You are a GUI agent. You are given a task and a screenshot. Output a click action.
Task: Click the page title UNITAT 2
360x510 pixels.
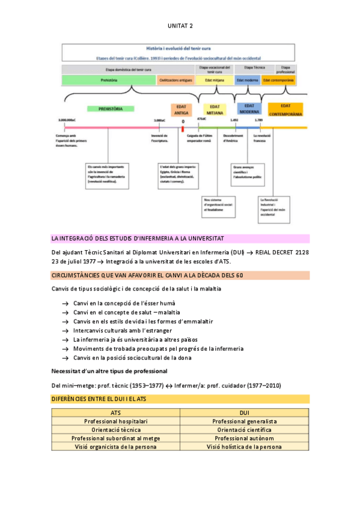pyautogui.click(x=180, y=26)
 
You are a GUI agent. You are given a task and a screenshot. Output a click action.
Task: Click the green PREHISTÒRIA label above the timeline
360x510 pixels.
pyautogui.click(x=105, y=109)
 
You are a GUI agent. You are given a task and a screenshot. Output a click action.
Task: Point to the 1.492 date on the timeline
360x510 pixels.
pyautogui.click(x=234, y=120)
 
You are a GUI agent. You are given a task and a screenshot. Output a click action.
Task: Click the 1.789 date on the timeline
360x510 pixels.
pyautogui.click(x=258, y=120)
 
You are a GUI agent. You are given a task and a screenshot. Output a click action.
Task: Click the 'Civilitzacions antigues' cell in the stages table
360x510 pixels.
pyautogui.click(x=175, y=80)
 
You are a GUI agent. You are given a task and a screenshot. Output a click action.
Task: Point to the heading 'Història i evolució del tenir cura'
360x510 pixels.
pyautogui.click(x=179, y=48)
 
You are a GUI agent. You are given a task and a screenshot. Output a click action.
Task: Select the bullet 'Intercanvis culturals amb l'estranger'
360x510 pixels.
pyautogui.click(x=123, y=330)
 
